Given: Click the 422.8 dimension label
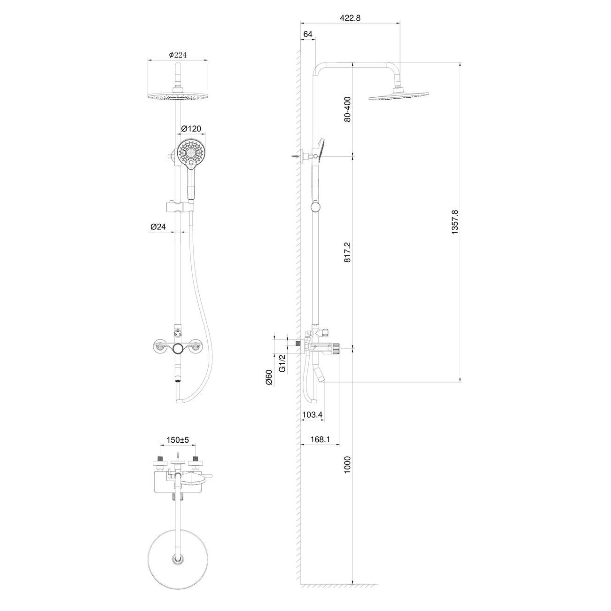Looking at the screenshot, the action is click(350, 18).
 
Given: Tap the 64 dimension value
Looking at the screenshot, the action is click(307, 34).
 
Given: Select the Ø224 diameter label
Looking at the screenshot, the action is click(178, 55).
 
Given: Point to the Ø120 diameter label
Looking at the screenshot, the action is click(191, 128).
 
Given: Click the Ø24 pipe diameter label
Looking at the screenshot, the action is click(158, 227).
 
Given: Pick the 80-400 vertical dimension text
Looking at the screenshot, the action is click(348, 110).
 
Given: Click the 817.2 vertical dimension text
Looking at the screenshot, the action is click(348, 252).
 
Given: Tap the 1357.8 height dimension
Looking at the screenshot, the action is click(455, 222).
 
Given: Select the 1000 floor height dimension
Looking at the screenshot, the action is click(348, 465).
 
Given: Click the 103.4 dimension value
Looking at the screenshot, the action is click(312, 414).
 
